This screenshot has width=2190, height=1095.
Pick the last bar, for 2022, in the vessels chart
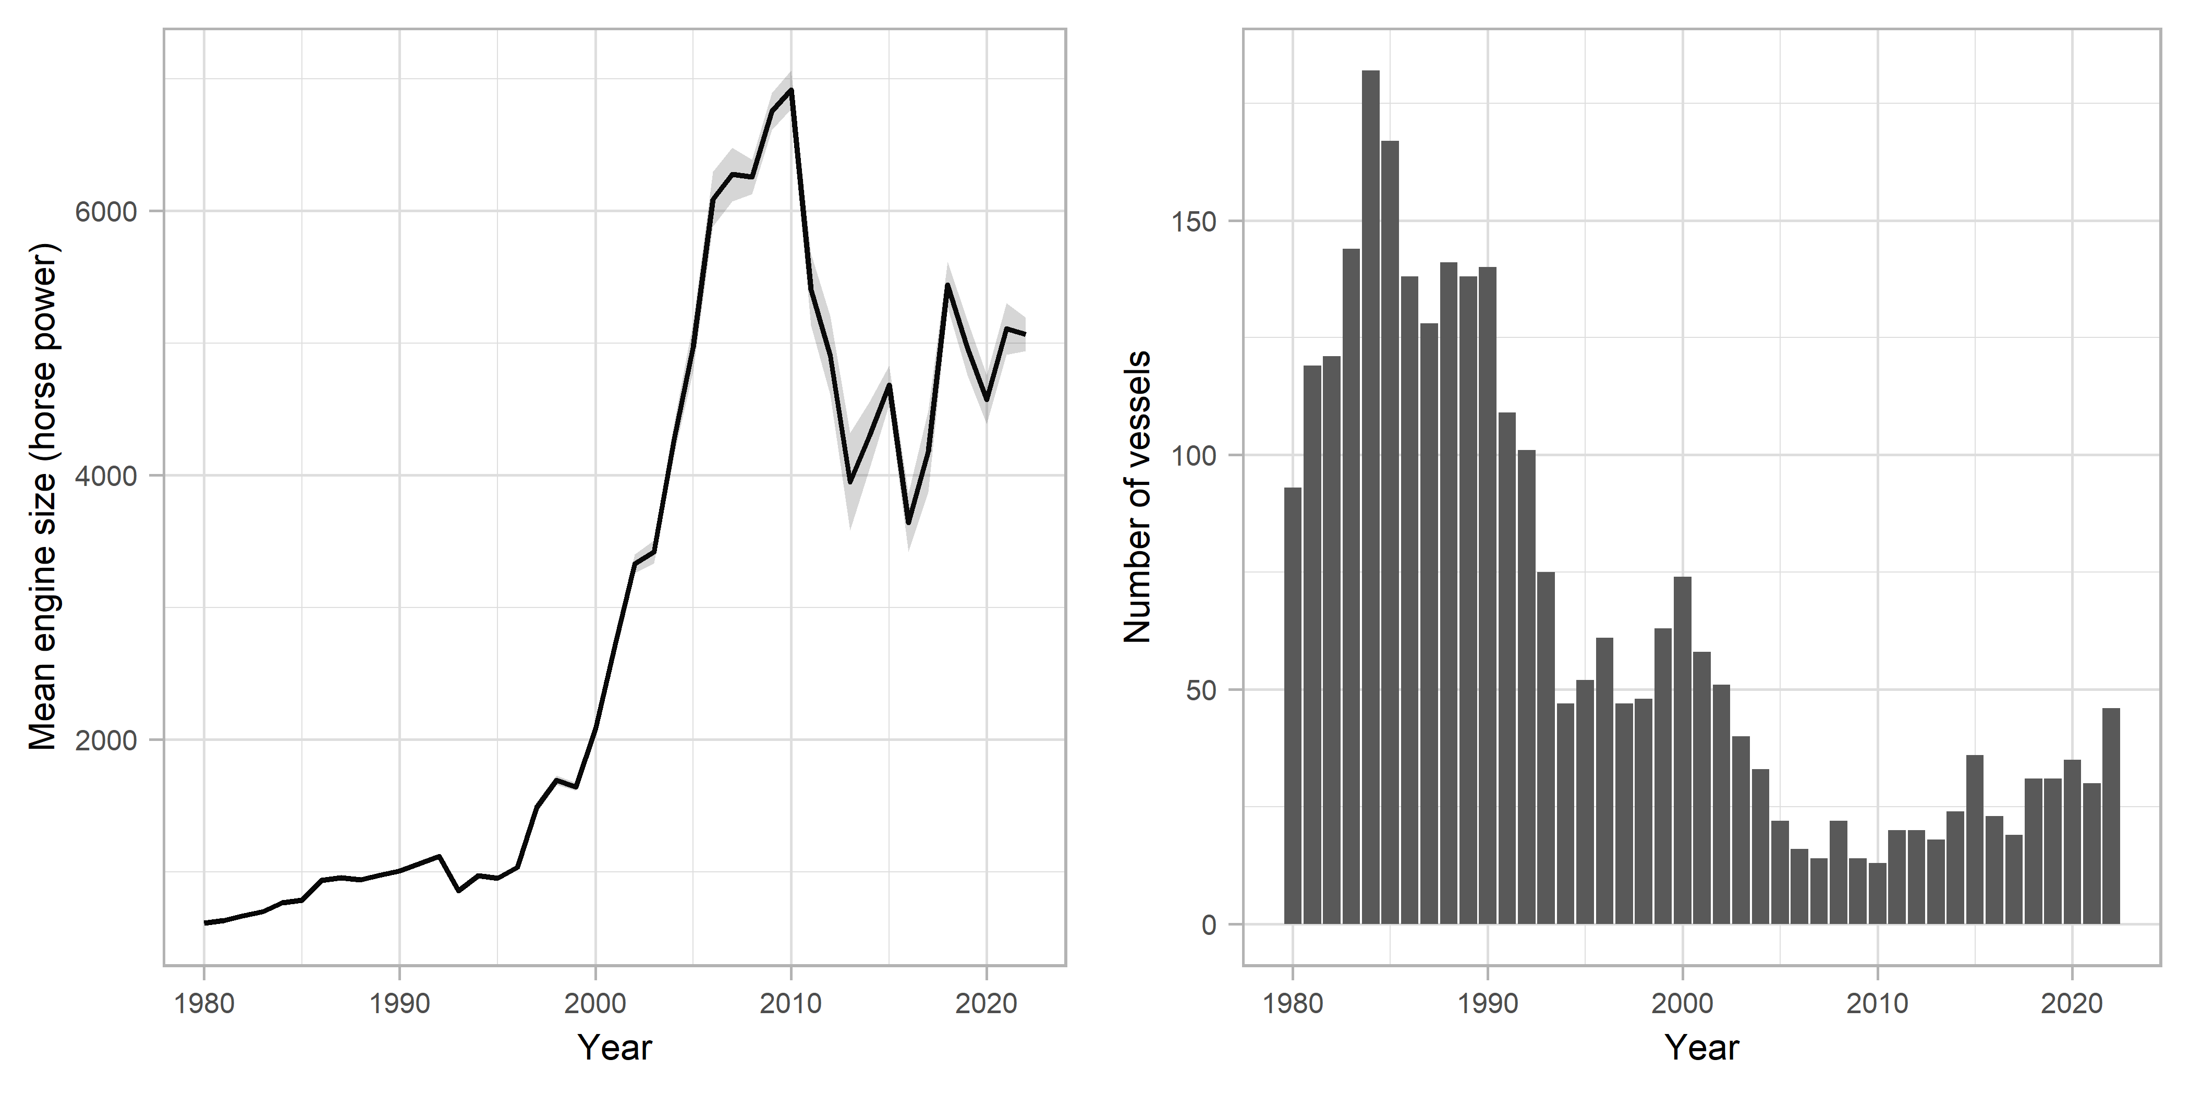(2111, 816)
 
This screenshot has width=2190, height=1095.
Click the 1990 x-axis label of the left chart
(399, 1004)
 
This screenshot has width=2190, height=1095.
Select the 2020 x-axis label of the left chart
(986, 1004)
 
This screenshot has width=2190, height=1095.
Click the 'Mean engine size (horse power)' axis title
(43, 497)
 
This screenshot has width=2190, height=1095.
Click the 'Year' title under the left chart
(615, 1048)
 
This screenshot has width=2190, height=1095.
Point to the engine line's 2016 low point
(909, 522)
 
